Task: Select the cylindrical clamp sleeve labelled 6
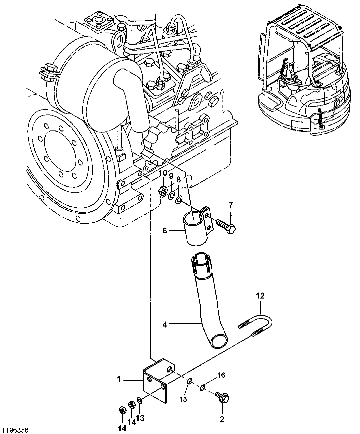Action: click(x=194, y=230)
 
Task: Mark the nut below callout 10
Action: click(x=163, y=191)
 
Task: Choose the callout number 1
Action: click(x=118, y=379)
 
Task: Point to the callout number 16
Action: click(x=222, y=375)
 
